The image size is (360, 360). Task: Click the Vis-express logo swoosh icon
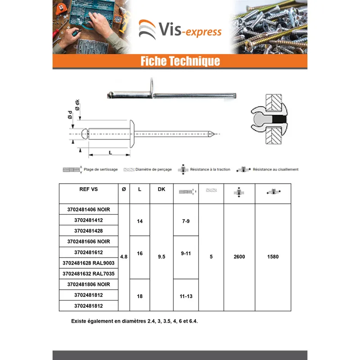(147, 29)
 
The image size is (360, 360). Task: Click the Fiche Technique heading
(180, 61)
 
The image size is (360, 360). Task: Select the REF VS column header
(89, 189)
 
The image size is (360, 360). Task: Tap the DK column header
(162, 189)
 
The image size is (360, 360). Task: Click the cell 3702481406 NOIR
(89, 209)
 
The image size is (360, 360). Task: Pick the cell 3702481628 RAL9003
(89, 263)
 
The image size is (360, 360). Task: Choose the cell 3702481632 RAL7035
(89, 274)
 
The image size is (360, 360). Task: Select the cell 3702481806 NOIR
(89, 284)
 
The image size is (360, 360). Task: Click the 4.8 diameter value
(124, 256)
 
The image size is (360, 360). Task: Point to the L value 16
(140, 253)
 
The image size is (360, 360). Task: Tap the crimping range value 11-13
(186, 297)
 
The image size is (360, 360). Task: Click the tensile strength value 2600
(239, 256)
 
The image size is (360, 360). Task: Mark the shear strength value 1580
(273, 256)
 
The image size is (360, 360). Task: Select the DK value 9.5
(162, 256)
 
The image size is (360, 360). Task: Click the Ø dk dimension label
(77, 105)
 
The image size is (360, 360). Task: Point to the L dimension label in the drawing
(110, 153)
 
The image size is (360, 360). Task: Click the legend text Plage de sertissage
(100, 170)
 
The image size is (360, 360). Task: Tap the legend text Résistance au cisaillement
(275, 170)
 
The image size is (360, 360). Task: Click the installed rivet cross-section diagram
(270, 119)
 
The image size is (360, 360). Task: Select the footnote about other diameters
(134, 321)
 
